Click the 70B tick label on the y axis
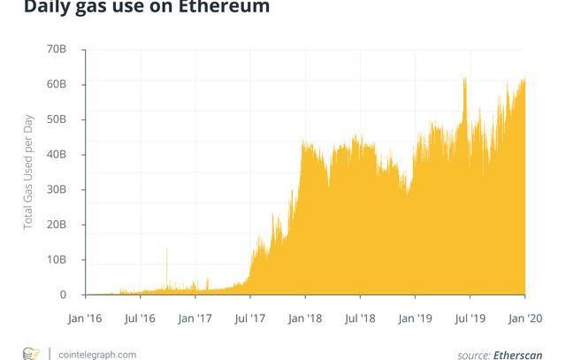pos(56,50)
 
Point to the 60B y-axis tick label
pos(56,85)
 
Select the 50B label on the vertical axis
pos(56,119)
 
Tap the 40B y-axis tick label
pos(56,155)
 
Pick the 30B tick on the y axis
pos(56,189)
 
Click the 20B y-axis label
pos(56,225)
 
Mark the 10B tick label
pos(56,260)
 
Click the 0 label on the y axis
pos(63,295)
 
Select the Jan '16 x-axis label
pos(85,317)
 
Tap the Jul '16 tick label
pos(141,317)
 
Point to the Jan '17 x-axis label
pos(195,317)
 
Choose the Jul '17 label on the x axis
pos(250,317)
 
